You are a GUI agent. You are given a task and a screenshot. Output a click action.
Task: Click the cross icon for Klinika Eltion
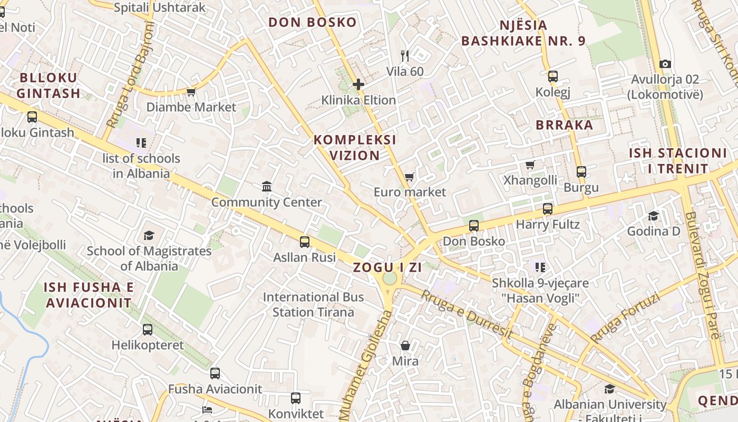click(x=358, y=84)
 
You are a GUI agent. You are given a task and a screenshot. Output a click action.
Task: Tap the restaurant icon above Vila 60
click(x=405, y=56)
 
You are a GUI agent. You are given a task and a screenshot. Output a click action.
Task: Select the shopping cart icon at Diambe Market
click(x=191, y=92)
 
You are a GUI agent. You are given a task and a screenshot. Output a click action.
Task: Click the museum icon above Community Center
click(x=267, y=187)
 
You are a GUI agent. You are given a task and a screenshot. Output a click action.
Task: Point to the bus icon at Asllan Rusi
click(x=305, y=242)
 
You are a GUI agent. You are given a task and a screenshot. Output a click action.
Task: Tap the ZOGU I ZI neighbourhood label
click(x=387, y=267)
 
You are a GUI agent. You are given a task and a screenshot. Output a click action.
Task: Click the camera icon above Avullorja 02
click(x=665, y=64)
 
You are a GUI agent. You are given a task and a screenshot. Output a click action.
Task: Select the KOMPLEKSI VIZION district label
click(x=355, y=148)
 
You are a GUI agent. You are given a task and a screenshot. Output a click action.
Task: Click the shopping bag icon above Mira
click(x=405, y=346)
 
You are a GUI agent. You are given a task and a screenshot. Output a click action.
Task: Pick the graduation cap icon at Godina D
click(x=654, y=216)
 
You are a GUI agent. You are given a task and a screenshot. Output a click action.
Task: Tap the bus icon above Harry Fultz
click(x=548, y=209)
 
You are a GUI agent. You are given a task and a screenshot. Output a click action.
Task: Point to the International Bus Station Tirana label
click(x=314, y=304)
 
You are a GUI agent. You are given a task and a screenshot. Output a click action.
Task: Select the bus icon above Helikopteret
click(x=148, y=330)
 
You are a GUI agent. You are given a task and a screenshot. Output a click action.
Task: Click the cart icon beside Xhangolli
click(x=530, y=165)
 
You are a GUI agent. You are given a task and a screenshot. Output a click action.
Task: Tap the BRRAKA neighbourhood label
click(x=565, y=125)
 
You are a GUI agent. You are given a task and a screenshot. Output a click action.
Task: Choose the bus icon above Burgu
click(x=581, y=172)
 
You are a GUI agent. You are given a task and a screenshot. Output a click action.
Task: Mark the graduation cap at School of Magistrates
click(x=149, y=236)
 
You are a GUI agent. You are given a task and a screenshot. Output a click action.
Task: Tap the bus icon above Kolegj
click(x=553, y=76)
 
